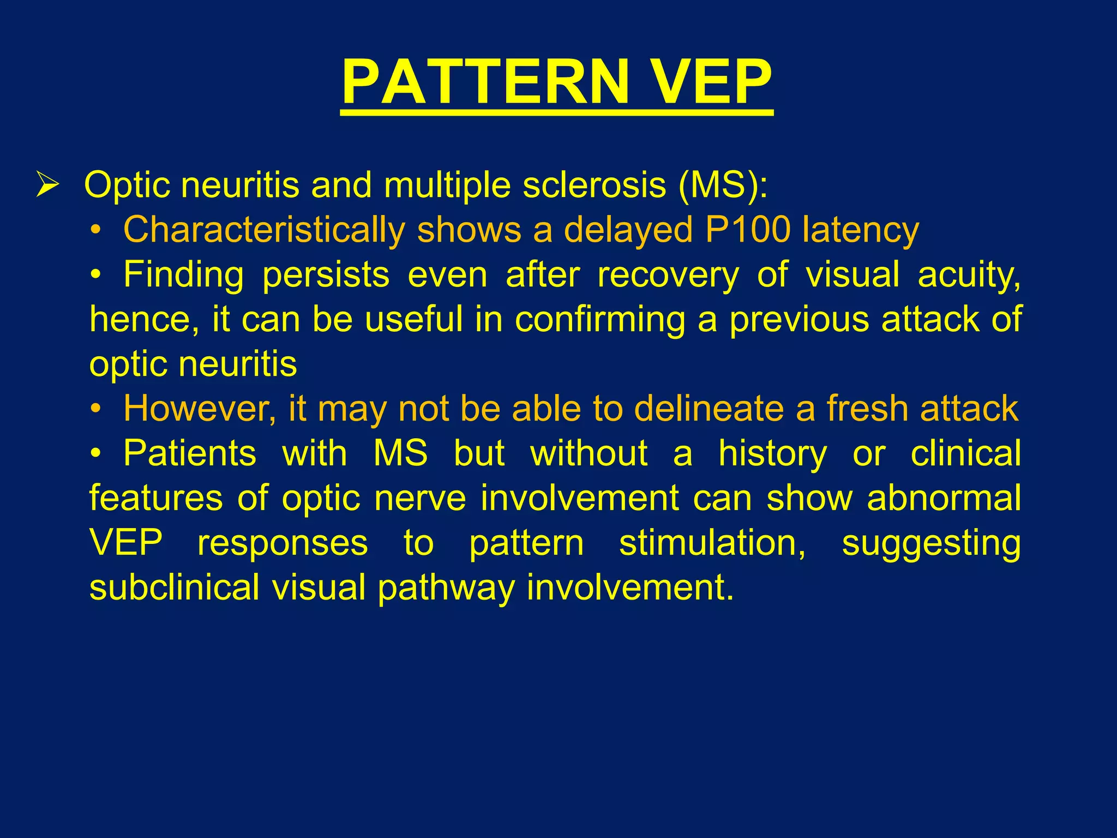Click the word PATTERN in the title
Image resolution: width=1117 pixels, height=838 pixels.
coord(485,83)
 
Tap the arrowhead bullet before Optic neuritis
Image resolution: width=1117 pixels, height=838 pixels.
coord(47,185)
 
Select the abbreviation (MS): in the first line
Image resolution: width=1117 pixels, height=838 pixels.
coord(723,185)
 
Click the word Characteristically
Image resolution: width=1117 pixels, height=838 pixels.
coord(264,230)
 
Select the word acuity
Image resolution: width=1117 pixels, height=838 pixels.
coord(969,275)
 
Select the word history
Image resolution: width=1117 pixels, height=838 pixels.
coord(772,454)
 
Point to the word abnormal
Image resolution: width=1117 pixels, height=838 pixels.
coord(944,499)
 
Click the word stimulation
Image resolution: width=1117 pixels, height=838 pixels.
coord(712,543)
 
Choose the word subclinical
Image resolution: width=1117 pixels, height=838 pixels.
coord(174,588)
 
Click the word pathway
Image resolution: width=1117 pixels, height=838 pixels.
coord(446,588)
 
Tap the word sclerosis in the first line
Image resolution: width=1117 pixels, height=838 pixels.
coord(594,185)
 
